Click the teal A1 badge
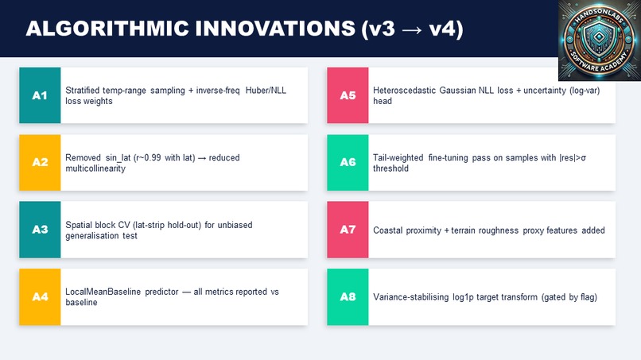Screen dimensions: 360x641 click(x=40, y=95)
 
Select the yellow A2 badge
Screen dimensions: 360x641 click(x=40, y=162)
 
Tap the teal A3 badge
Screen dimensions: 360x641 click(x=40, y=230)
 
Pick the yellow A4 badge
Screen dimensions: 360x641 click(x=40, y=296)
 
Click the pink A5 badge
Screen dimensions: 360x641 click(x=348, y=95)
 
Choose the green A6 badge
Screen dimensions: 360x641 click(x=348, y=162)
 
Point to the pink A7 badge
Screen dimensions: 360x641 click(x=348, y=230)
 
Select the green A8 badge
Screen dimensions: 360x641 click(x=348, y=296)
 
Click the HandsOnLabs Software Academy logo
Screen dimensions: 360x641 click(x=599, y=41)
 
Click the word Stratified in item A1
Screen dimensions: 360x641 click(x=83, y=91)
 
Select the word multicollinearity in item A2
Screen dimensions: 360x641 click(x=95, y=168)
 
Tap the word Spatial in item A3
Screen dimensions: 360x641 click(x=78, y=225)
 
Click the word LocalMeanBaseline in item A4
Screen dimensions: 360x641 click(x=101, y=292)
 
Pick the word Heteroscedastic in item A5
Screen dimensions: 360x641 click(x=402, y=91)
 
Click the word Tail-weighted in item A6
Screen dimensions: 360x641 click(x=398, y=158)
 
